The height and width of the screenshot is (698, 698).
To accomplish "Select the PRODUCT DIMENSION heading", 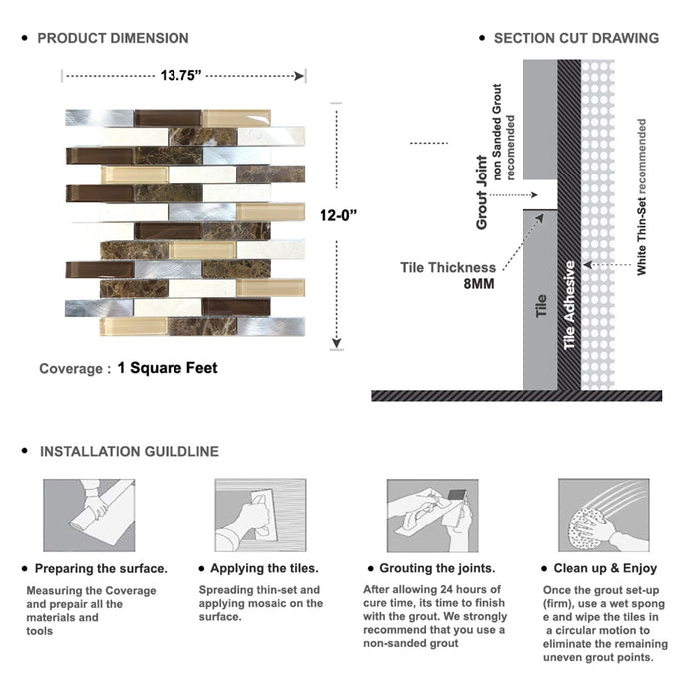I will [x=113, y=38].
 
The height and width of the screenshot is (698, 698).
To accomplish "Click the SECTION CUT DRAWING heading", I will [x=575, y=38].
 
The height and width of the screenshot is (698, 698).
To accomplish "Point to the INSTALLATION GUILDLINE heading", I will [x=129, y=451].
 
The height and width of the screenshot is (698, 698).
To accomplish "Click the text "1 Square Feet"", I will [x=167, y=368].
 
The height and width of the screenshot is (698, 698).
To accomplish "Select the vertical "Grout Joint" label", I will [x=482, y=192].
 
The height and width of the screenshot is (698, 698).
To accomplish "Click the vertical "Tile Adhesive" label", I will [x=570, y=305].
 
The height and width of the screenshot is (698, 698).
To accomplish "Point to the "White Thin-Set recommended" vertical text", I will [x=642, y=197].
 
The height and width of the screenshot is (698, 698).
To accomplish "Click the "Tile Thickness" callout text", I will [x=448, y=267].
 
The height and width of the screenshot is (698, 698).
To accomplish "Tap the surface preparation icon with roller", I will [x=88, y=517].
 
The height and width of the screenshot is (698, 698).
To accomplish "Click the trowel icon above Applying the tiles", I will [x=259, y=517].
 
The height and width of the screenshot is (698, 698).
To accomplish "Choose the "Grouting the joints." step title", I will [x=437, y=568].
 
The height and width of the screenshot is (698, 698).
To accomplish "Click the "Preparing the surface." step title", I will [x=101, y=568].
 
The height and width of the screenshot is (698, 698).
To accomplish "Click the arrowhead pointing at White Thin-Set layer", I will [x=588, y=264].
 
